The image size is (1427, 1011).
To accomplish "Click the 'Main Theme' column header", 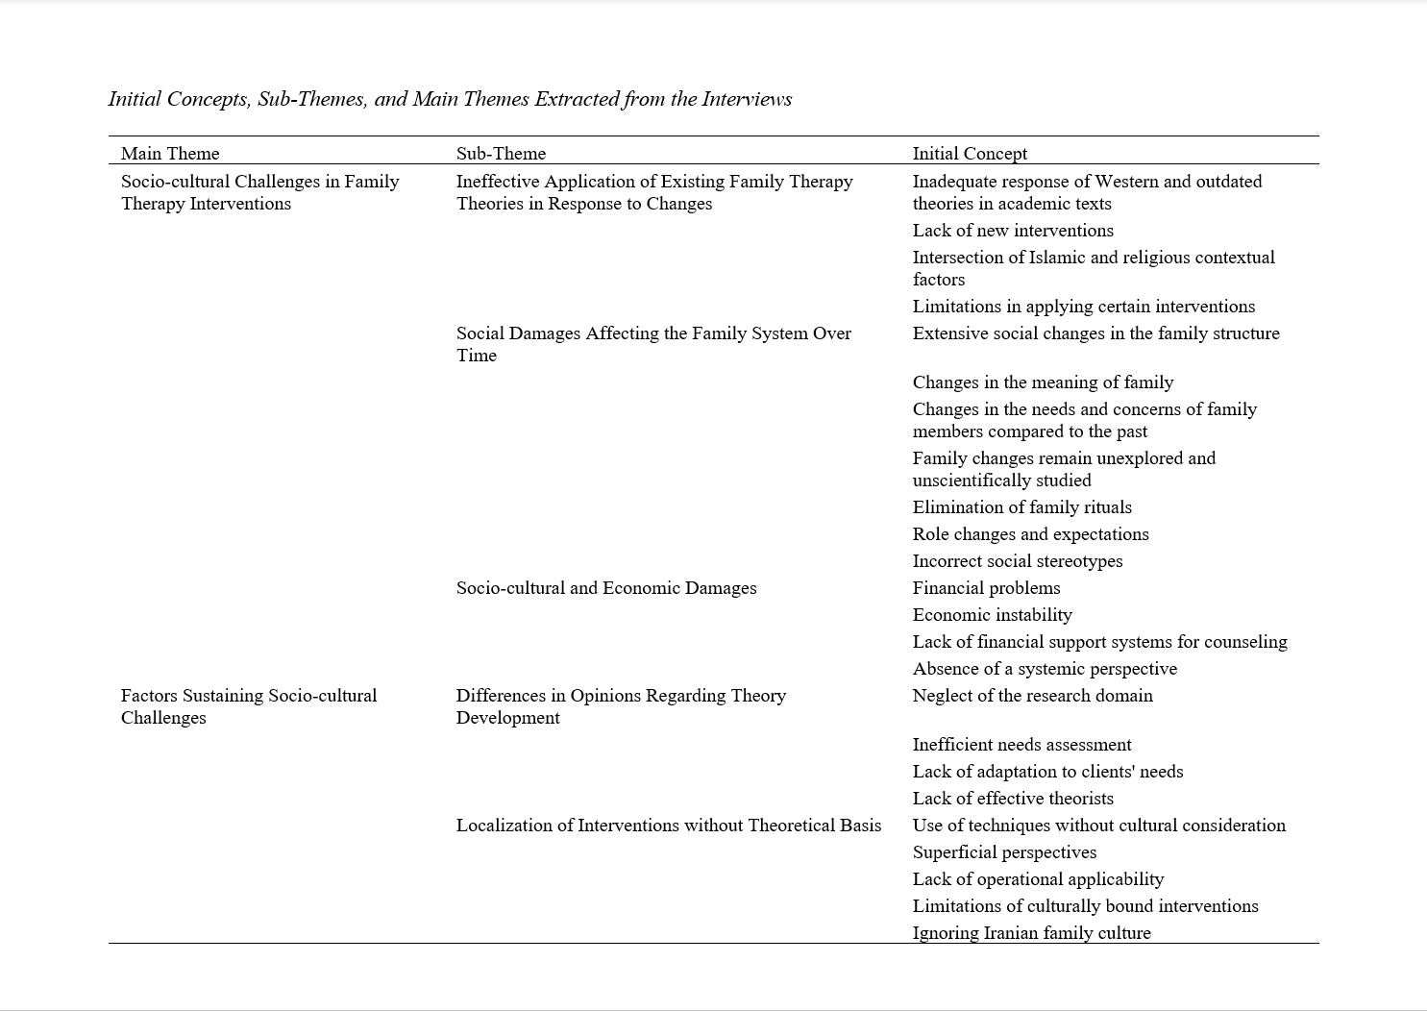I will [170, 154].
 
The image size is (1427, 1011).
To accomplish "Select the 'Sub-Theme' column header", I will [501, 154].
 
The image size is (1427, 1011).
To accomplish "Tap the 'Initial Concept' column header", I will [970, 154].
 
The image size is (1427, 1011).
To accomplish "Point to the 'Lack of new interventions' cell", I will [1013, 231].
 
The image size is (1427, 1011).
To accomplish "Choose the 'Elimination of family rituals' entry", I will [1021, 507].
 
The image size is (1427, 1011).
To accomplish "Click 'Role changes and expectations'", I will [1030, 534].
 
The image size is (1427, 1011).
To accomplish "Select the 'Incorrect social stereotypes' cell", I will [1017, 561].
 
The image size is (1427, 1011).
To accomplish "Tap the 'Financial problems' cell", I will [986, 588].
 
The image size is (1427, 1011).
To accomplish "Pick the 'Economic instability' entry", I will [992, 615].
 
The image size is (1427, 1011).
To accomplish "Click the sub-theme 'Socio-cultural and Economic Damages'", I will [606, 588].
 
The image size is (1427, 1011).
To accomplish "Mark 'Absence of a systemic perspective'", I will [1045, 669].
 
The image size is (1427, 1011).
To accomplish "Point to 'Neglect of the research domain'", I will [1032, 696].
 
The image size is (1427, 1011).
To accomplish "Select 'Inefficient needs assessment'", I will [1021, 745].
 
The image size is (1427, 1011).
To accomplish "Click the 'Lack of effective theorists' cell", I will [1013, 799].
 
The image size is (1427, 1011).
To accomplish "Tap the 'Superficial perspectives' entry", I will [1004, 852].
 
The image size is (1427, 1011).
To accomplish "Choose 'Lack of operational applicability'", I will [1038, 879].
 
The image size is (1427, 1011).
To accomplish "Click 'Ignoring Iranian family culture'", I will [1031, 933].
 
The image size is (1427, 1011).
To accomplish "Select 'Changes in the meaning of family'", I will [1043, 382].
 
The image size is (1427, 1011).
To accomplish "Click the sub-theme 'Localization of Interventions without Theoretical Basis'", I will [669, 826].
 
